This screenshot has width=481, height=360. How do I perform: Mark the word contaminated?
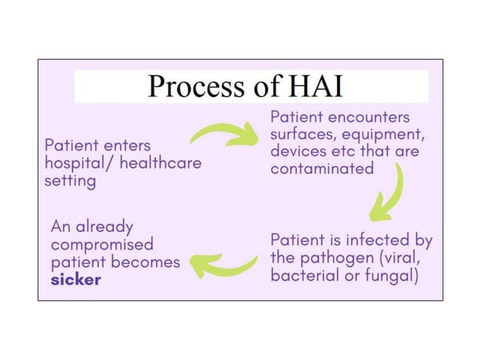coord(322,168)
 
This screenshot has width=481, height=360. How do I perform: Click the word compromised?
coord(102,245)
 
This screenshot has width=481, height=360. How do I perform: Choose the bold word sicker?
coord(76,279)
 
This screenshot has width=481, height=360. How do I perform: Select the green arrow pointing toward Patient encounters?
coord(224,135)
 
